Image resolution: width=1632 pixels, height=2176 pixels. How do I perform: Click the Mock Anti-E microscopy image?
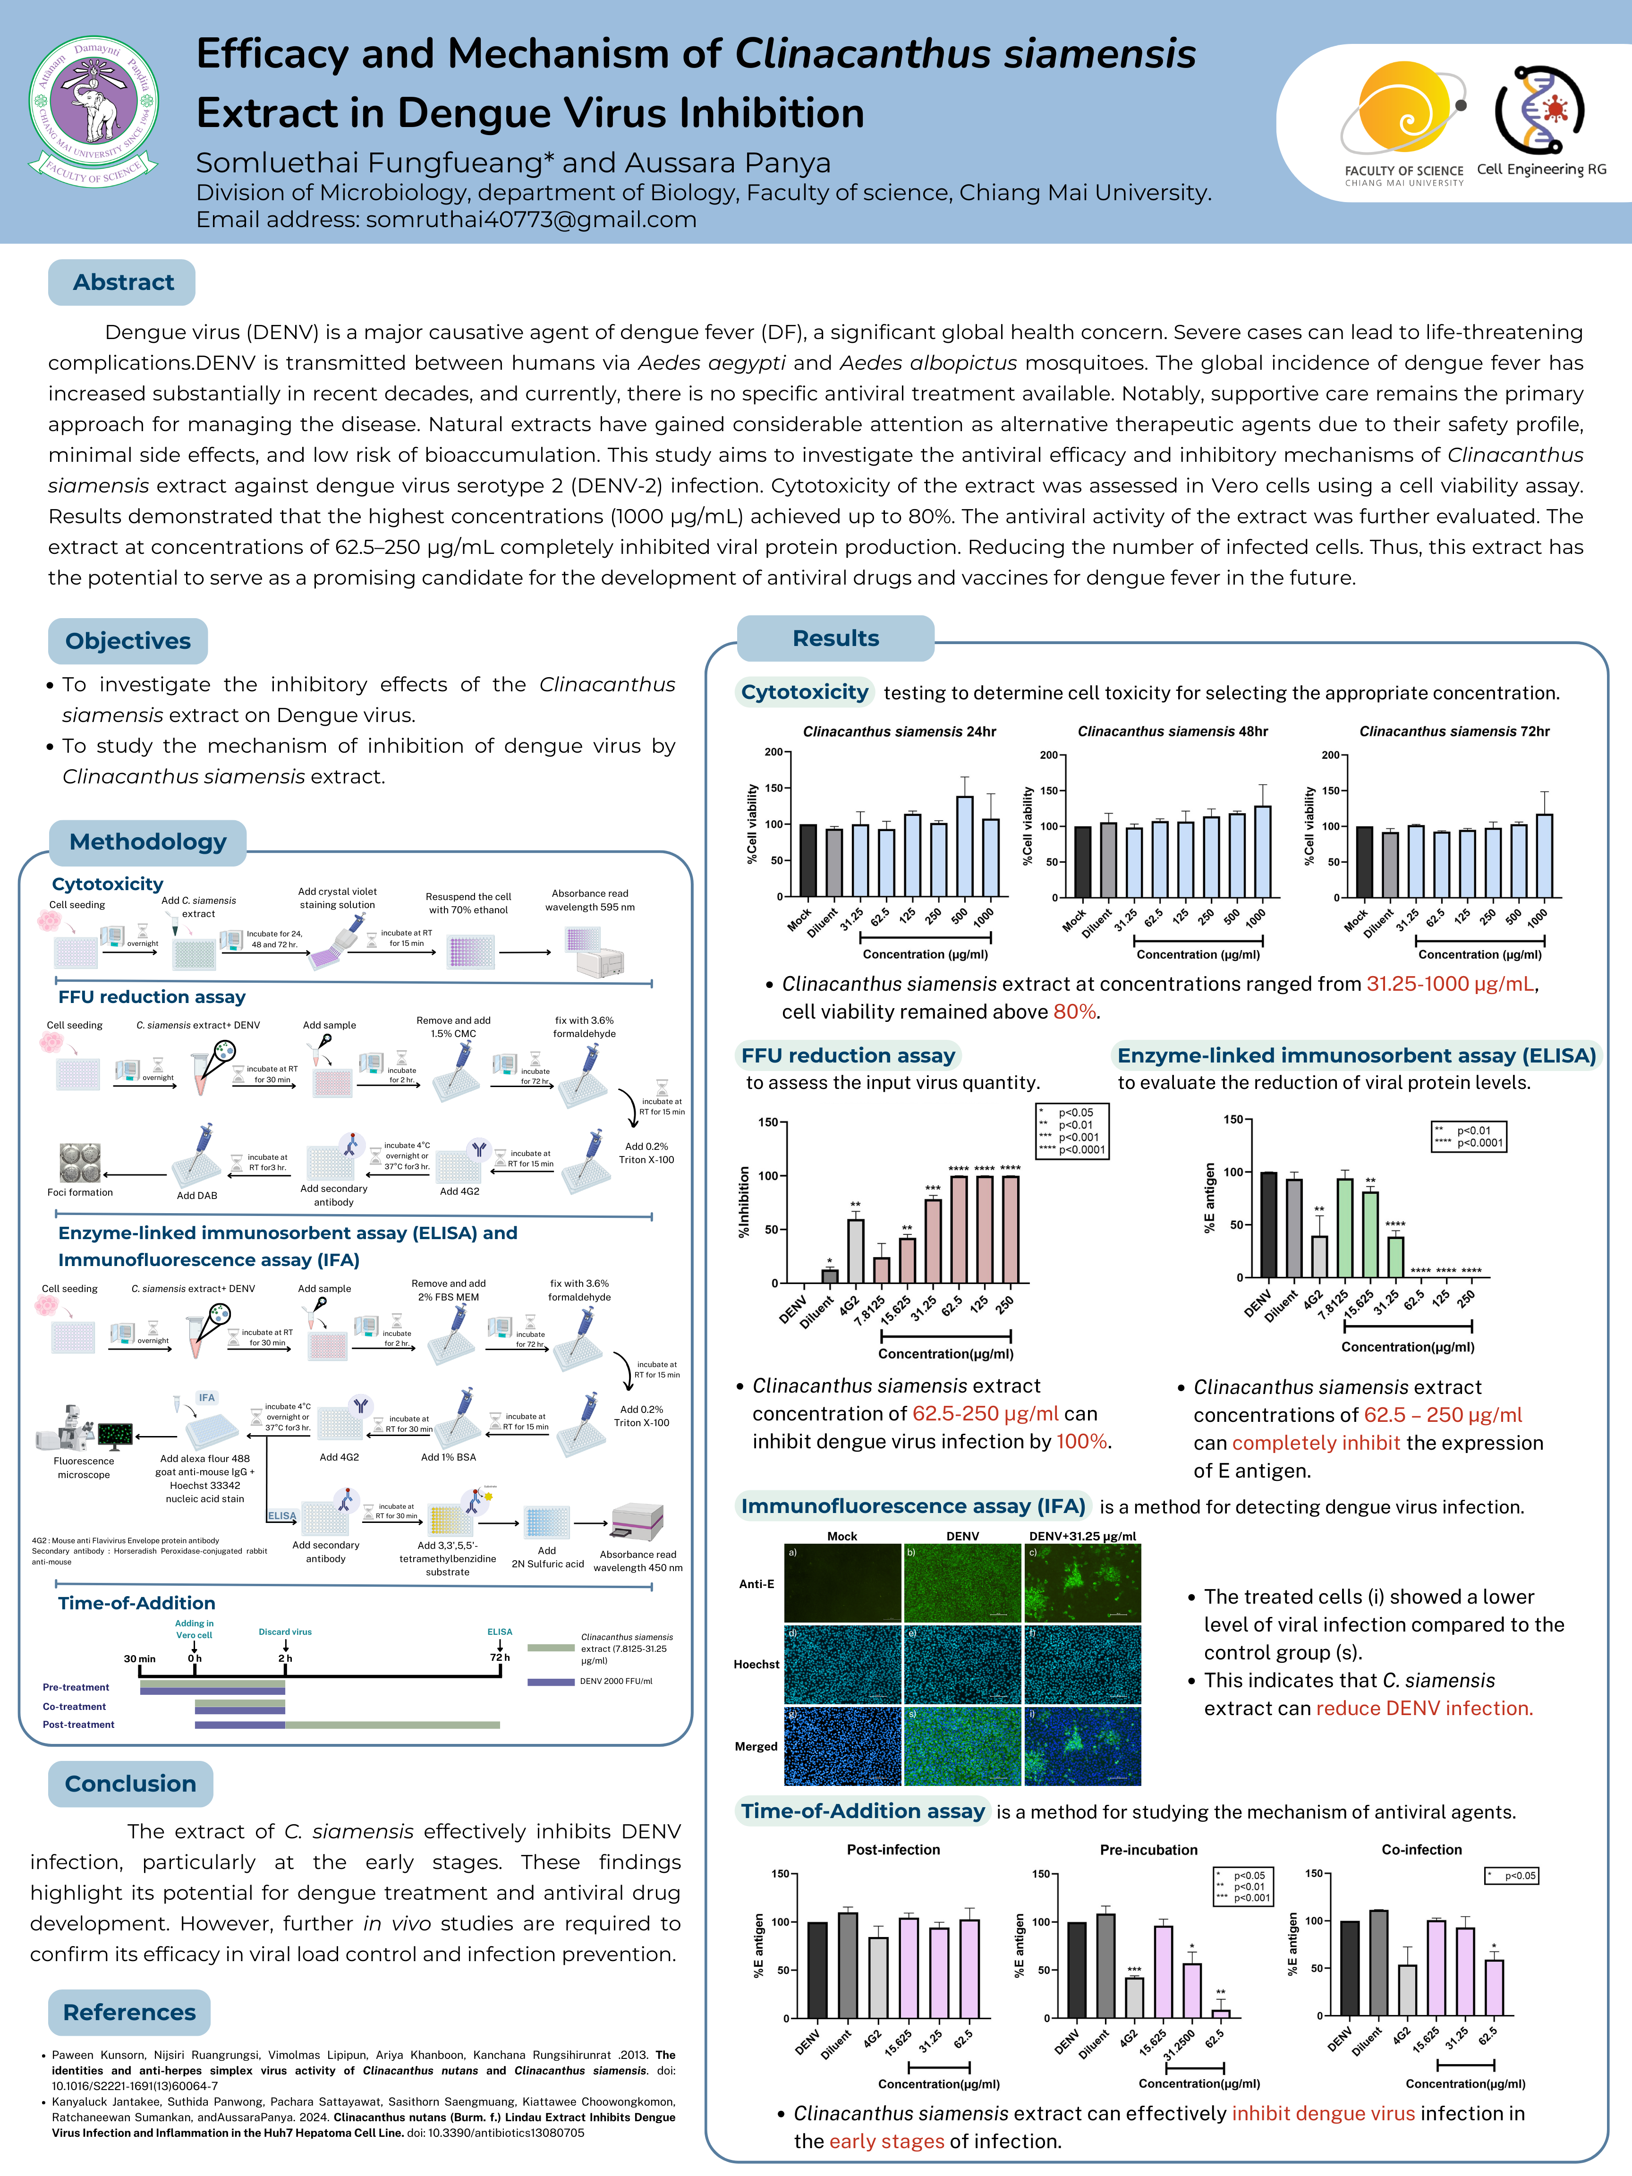click(842, 1583)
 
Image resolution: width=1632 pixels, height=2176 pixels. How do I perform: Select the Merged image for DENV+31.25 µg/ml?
click(1082, 1746)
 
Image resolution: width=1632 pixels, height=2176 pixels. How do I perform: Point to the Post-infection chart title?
click(893, 1849)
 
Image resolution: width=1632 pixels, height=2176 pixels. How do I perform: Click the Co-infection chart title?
click(1421, 1849)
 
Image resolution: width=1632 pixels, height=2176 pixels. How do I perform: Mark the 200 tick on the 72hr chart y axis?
click(1330, 756)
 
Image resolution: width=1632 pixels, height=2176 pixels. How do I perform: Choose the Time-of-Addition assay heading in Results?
click(863, 1811)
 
